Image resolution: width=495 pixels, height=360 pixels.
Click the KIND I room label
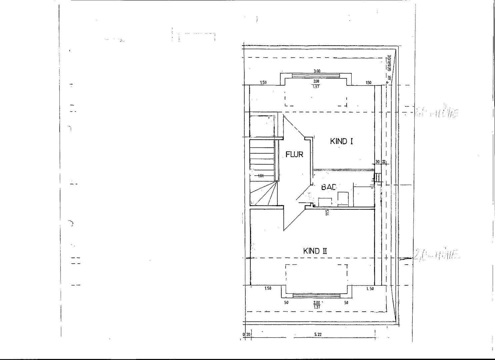pos(341,141)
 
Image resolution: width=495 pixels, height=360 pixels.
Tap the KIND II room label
pos(315,251)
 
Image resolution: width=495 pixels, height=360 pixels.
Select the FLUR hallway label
pos(294,154)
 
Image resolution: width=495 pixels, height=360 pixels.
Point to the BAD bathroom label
pos(328,187)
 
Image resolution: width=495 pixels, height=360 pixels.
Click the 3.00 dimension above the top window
pos(317,71)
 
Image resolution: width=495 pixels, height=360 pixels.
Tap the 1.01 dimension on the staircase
pos(261,176)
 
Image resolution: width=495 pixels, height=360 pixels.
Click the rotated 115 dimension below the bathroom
pos(327,212)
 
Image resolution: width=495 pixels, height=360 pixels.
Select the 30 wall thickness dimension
pos(377,162)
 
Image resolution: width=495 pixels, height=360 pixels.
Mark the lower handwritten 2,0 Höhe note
pos(437,256)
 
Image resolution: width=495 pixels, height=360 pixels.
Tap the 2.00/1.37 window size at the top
pos(316,84)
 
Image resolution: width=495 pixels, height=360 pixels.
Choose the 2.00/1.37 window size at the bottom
pos(316,305)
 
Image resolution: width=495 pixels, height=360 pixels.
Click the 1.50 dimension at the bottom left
pos(268,288)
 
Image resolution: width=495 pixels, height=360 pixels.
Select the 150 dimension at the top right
pos(368,83)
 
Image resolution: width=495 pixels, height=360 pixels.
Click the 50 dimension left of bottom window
pos(286,303)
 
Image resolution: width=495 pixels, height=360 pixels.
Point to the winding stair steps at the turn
pos(263,195)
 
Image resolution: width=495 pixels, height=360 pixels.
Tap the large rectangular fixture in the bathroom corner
pos(363,196)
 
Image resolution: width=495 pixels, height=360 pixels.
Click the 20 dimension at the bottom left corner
pos(248,334)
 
